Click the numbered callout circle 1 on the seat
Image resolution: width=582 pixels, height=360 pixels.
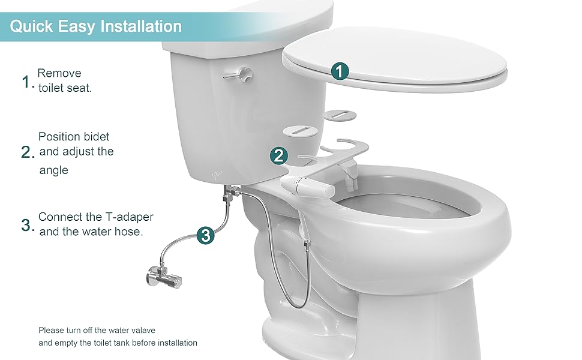click(x=340, y=71)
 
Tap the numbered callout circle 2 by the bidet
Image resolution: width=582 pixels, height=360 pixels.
click(x=278, y=156)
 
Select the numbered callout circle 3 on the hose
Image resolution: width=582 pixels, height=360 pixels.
click(x=206, y=236)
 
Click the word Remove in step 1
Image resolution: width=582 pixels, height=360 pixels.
click(x=59, y=73)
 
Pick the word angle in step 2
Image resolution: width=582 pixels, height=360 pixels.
click(x=53, y=170)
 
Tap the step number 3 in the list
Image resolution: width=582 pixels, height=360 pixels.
click(x=26, y=226)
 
